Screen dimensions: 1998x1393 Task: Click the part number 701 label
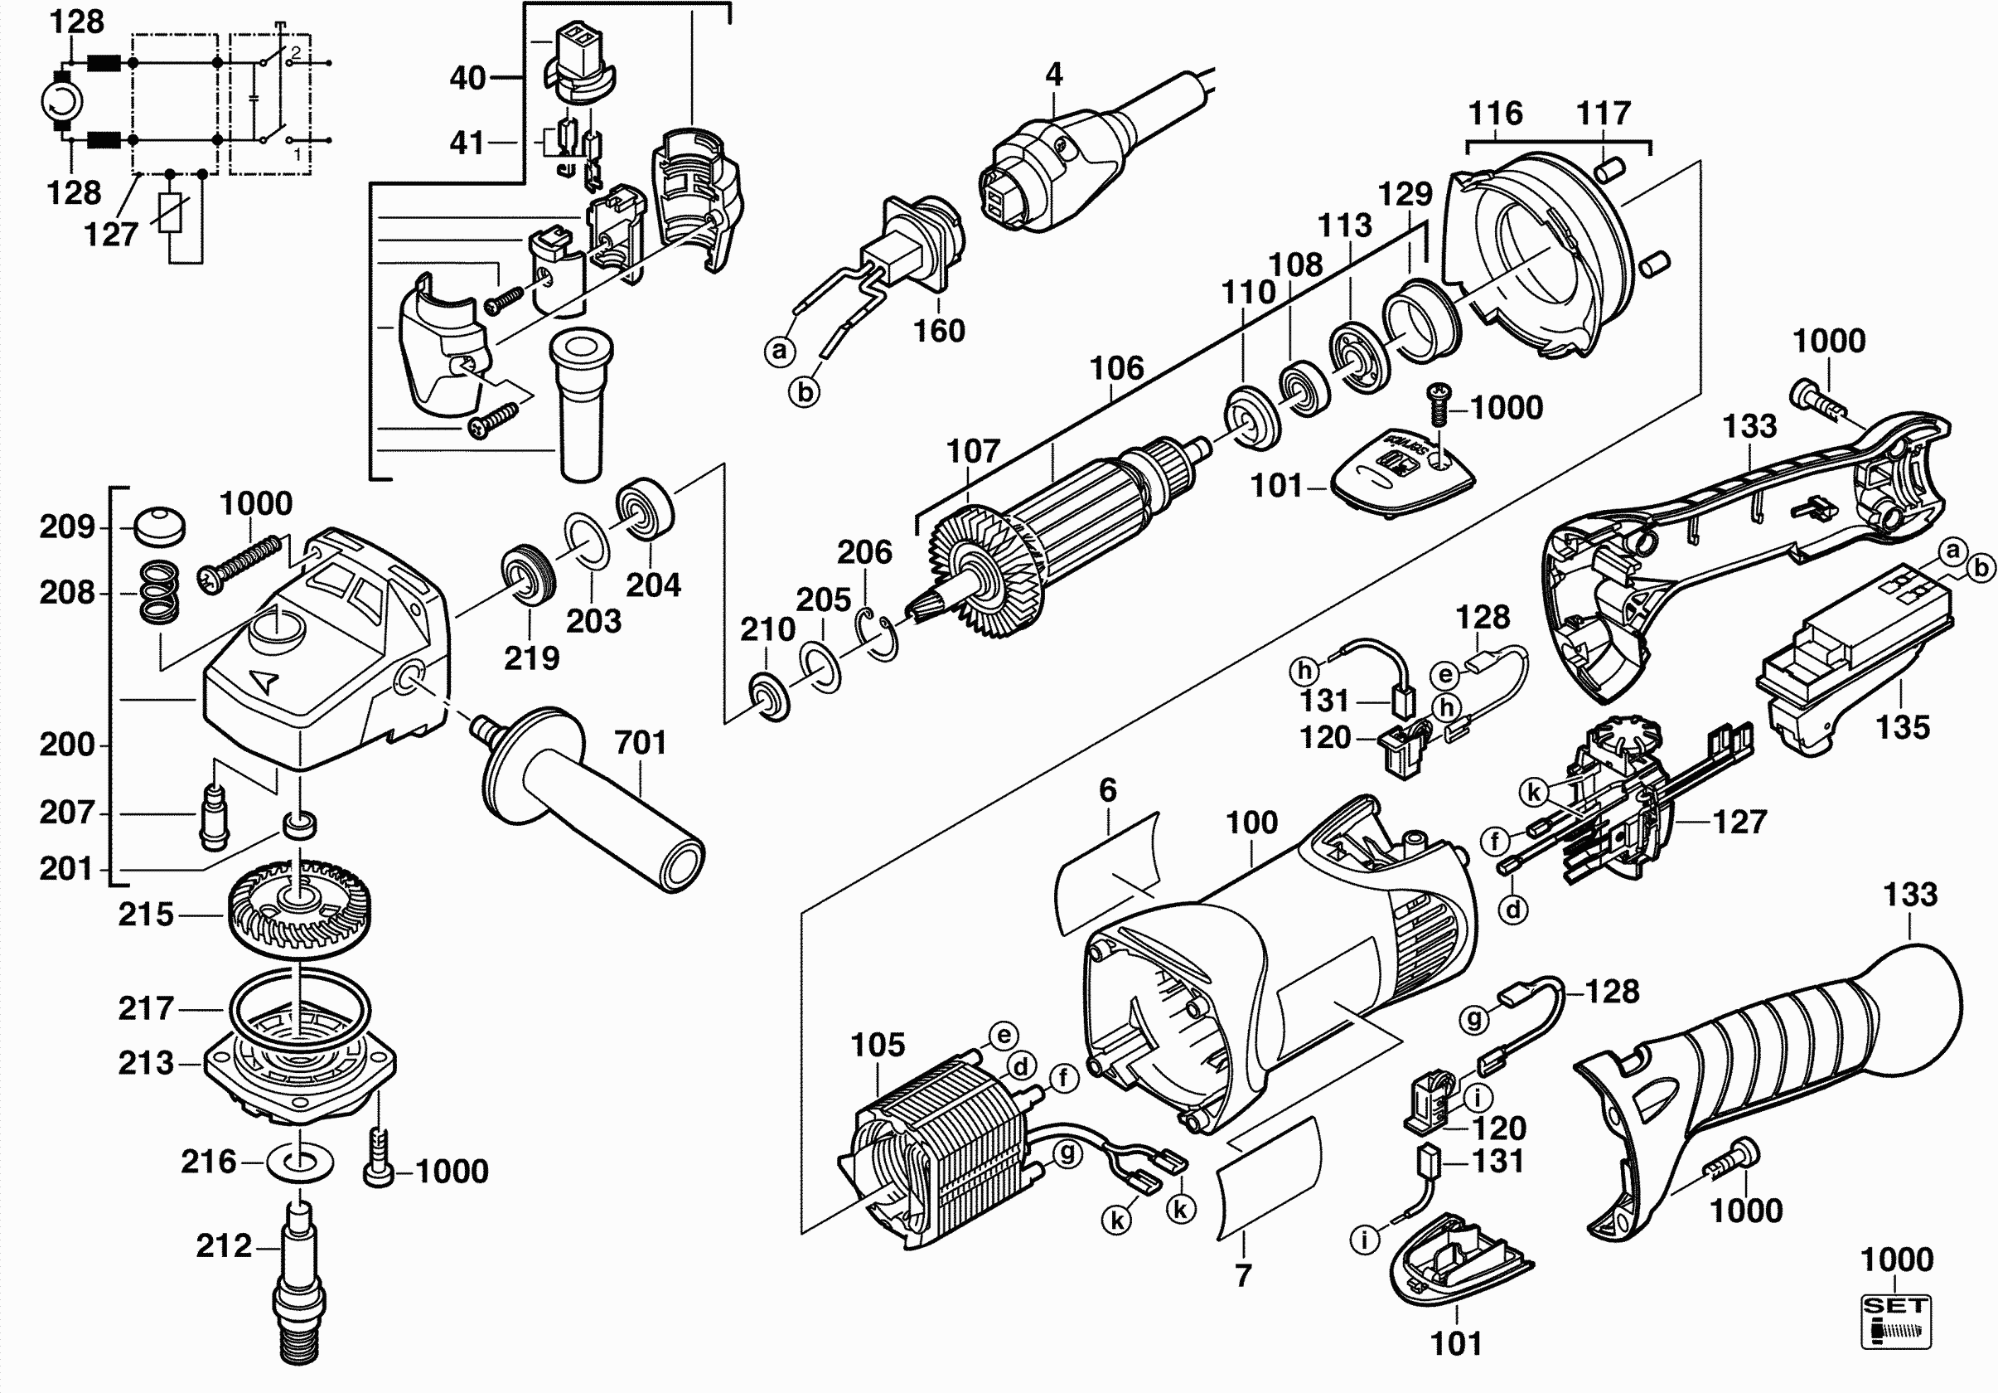point(641,743)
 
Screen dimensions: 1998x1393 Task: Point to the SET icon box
point(1896,1322)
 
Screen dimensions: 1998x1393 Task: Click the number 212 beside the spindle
point(224,1246)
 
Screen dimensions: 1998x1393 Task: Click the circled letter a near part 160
point(780,351)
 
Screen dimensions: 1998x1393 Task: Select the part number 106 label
point(1117,368)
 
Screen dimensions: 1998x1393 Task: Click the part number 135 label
point(1902,727)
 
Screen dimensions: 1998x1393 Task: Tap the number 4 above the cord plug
point(1054,75)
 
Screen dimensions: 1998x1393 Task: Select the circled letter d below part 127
point(1514,910)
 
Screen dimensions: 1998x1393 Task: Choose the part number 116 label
point(1496,113)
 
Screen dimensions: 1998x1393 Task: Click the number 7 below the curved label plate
point(1244,1275)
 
